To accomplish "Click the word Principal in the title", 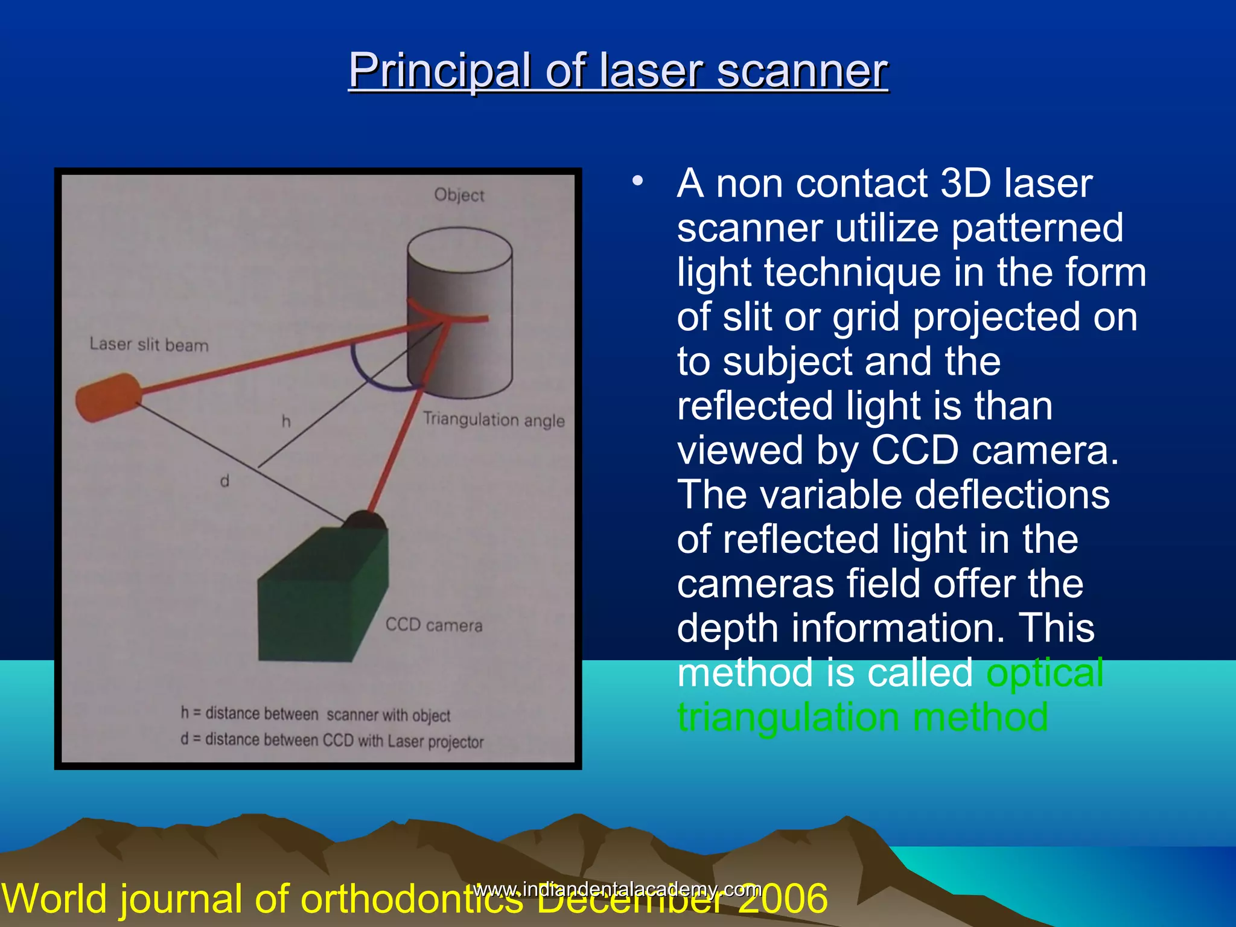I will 440,71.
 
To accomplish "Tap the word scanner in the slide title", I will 802,71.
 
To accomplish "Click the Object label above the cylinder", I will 459,195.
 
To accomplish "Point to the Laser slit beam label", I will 149,345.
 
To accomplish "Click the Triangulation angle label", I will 494,419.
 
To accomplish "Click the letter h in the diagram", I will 286,421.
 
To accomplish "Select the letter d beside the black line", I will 225,481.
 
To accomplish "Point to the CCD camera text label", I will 434,625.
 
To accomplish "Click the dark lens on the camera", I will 364,520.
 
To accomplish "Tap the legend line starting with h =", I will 316,715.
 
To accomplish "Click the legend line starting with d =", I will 332,741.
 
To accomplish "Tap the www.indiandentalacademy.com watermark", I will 617,889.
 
